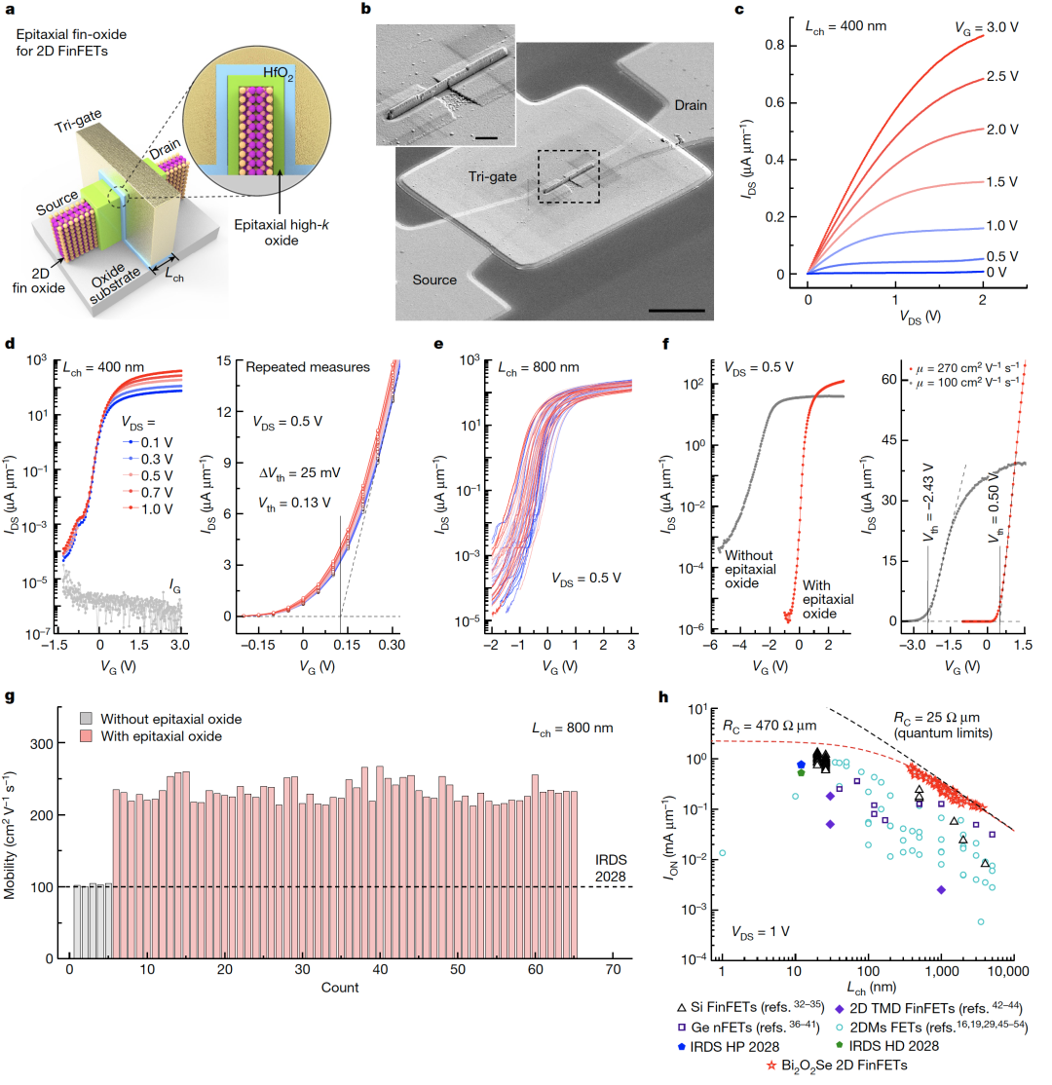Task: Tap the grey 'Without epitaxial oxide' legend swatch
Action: (84, 720)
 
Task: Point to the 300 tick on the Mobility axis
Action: (49, 743)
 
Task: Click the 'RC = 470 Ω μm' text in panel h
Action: (767, 725)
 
